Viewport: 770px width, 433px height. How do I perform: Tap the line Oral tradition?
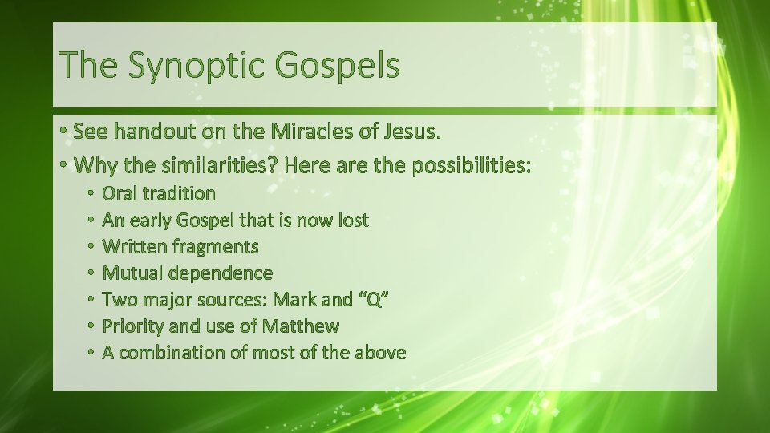pos(159,193)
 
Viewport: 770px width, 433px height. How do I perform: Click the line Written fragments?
pos(180,246)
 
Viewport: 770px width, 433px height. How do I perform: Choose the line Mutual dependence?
pos(188,273)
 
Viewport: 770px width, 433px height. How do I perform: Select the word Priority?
pos(132,326)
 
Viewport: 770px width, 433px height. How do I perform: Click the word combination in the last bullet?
pos(172,352)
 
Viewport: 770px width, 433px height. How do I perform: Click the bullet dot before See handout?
pos(63,132)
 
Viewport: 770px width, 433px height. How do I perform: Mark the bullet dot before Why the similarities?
pos(63,166)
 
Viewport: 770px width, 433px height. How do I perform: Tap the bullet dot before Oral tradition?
pos(91,194)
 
